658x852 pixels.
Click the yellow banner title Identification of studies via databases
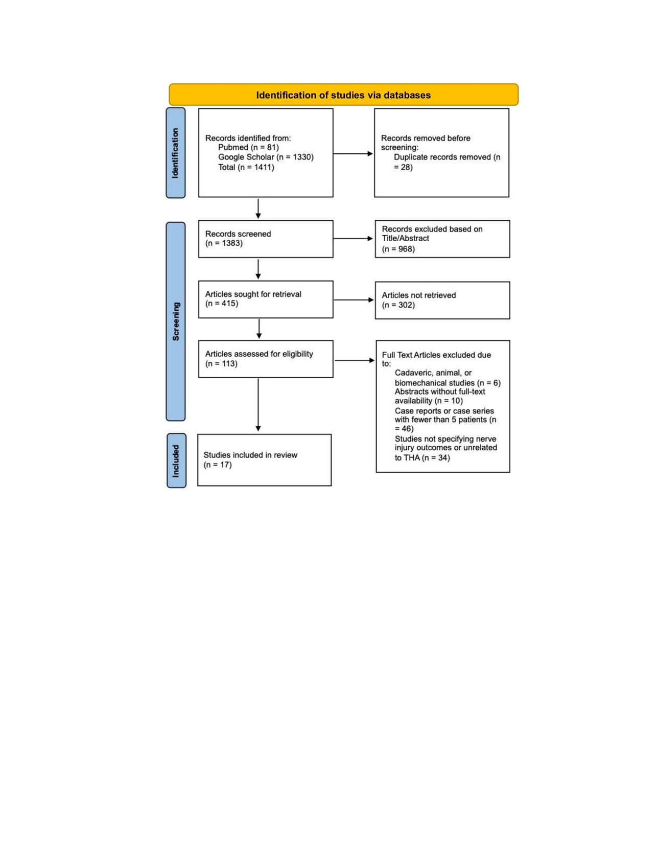343,95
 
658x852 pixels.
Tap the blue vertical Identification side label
175,153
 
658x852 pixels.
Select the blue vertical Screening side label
176,321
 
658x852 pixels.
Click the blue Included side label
176,460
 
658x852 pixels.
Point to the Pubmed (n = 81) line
248,147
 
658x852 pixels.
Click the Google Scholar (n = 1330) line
266,157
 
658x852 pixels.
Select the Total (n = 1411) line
246,167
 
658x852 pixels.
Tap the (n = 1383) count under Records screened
224,243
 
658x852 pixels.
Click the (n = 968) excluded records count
398,249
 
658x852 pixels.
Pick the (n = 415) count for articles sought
221,304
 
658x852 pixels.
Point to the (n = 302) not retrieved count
398,305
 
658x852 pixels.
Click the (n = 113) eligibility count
221,364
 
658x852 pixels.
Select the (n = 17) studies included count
218,465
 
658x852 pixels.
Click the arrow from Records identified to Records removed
353,153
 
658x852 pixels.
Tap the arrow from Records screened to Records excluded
353,238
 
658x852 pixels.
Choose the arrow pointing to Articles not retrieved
354,300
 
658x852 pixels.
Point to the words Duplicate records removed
442,157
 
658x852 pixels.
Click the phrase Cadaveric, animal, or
433,373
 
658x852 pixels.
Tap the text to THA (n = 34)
422,457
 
